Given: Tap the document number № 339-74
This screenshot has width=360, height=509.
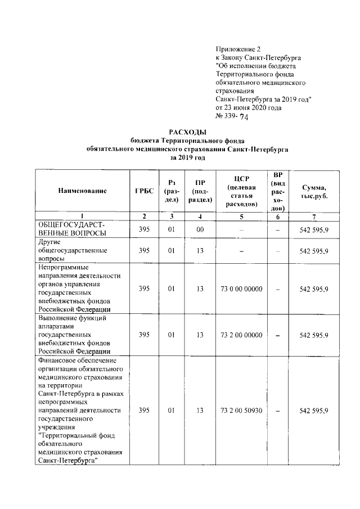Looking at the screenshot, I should tap(232, 117).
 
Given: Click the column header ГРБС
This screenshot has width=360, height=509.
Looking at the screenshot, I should tap(145, 191).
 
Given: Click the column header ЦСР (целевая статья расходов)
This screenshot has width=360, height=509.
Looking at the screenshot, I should tap(241, 191).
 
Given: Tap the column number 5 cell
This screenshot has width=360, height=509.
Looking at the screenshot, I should tap(241, 217).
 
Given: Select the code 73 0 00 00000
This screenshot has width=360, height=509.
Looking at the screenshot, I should tap(241, 289).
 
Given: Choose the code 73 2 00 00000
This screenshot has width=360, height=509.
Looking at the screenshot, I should tap(241, 335).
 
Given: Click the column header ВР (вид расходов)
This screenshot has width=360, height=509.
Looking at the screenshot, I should tap(277, 191).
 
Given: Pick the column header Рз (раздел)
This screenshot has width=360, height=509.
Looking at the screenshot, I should tap(172, 191).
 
